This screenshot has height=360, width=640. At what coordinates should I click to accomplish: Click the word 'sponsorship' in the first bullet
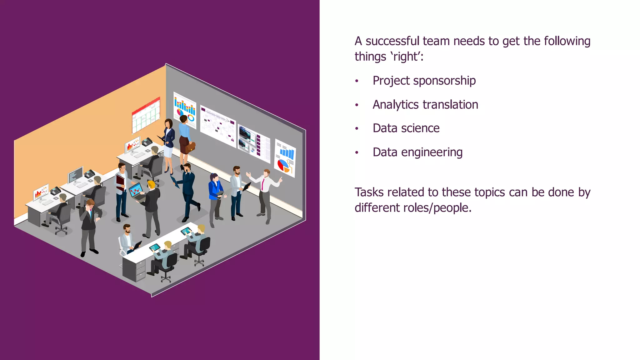(444, 81)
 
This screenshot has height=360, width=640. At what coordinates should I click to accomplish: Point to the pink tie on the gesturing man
(263, 184)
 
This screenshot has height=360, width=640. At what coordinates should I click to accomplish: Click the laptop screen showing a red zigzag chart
(136, 189)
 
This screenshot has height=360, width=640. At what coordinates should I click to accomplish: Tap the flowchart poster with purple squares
(218, 126)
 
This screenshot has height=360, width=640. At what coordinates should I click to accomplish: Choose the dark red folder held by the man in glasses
(120, 183)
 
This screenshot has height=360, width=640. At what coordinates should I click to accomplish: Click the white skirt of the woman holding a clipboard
(168, 152)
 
